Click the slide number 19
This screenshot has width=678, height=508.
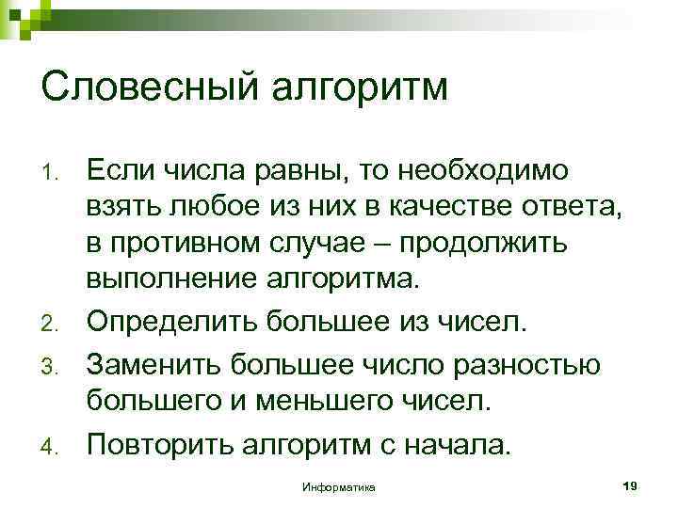[631, 484]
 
